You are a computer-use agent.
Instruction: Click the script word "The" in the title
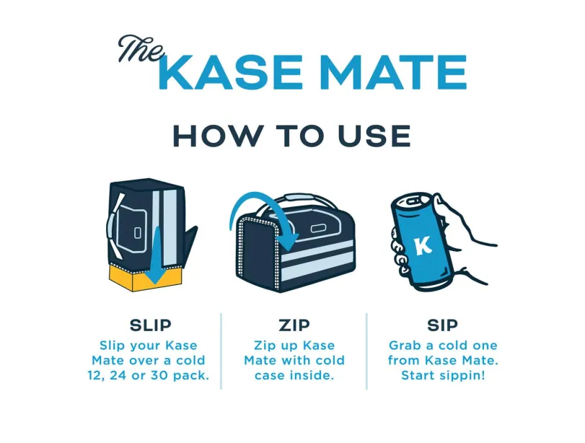tap(141, 48)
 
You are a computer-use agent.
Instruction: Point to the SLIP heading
tap(150, 325)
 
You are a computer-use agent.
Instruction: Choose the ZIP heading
tap(294, 325)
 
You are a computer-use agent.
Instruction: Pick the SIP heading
tap(442, 325)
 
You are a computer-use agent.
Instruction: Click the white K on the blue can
tap(423, 247)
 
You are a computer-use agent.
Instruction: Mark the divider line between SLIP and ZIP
tap(221, 351)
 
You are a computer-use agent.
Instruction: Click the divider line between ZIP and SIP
tap(366, 351)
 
